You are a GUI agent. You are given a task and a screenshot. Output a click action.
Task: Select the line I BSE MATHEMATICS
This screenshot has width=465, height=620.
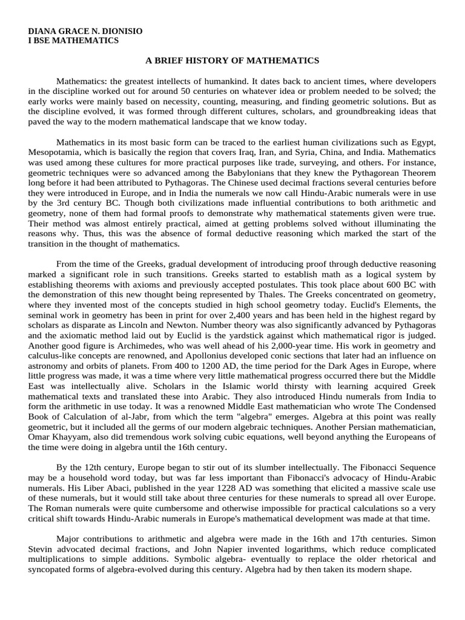pyautogui.click(x=73, y=41)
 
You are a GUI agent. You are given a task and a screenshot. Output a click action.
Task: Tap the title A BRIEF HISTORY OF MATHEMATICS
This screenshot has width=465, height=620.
pyautogui.click(x=232, y=61)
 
